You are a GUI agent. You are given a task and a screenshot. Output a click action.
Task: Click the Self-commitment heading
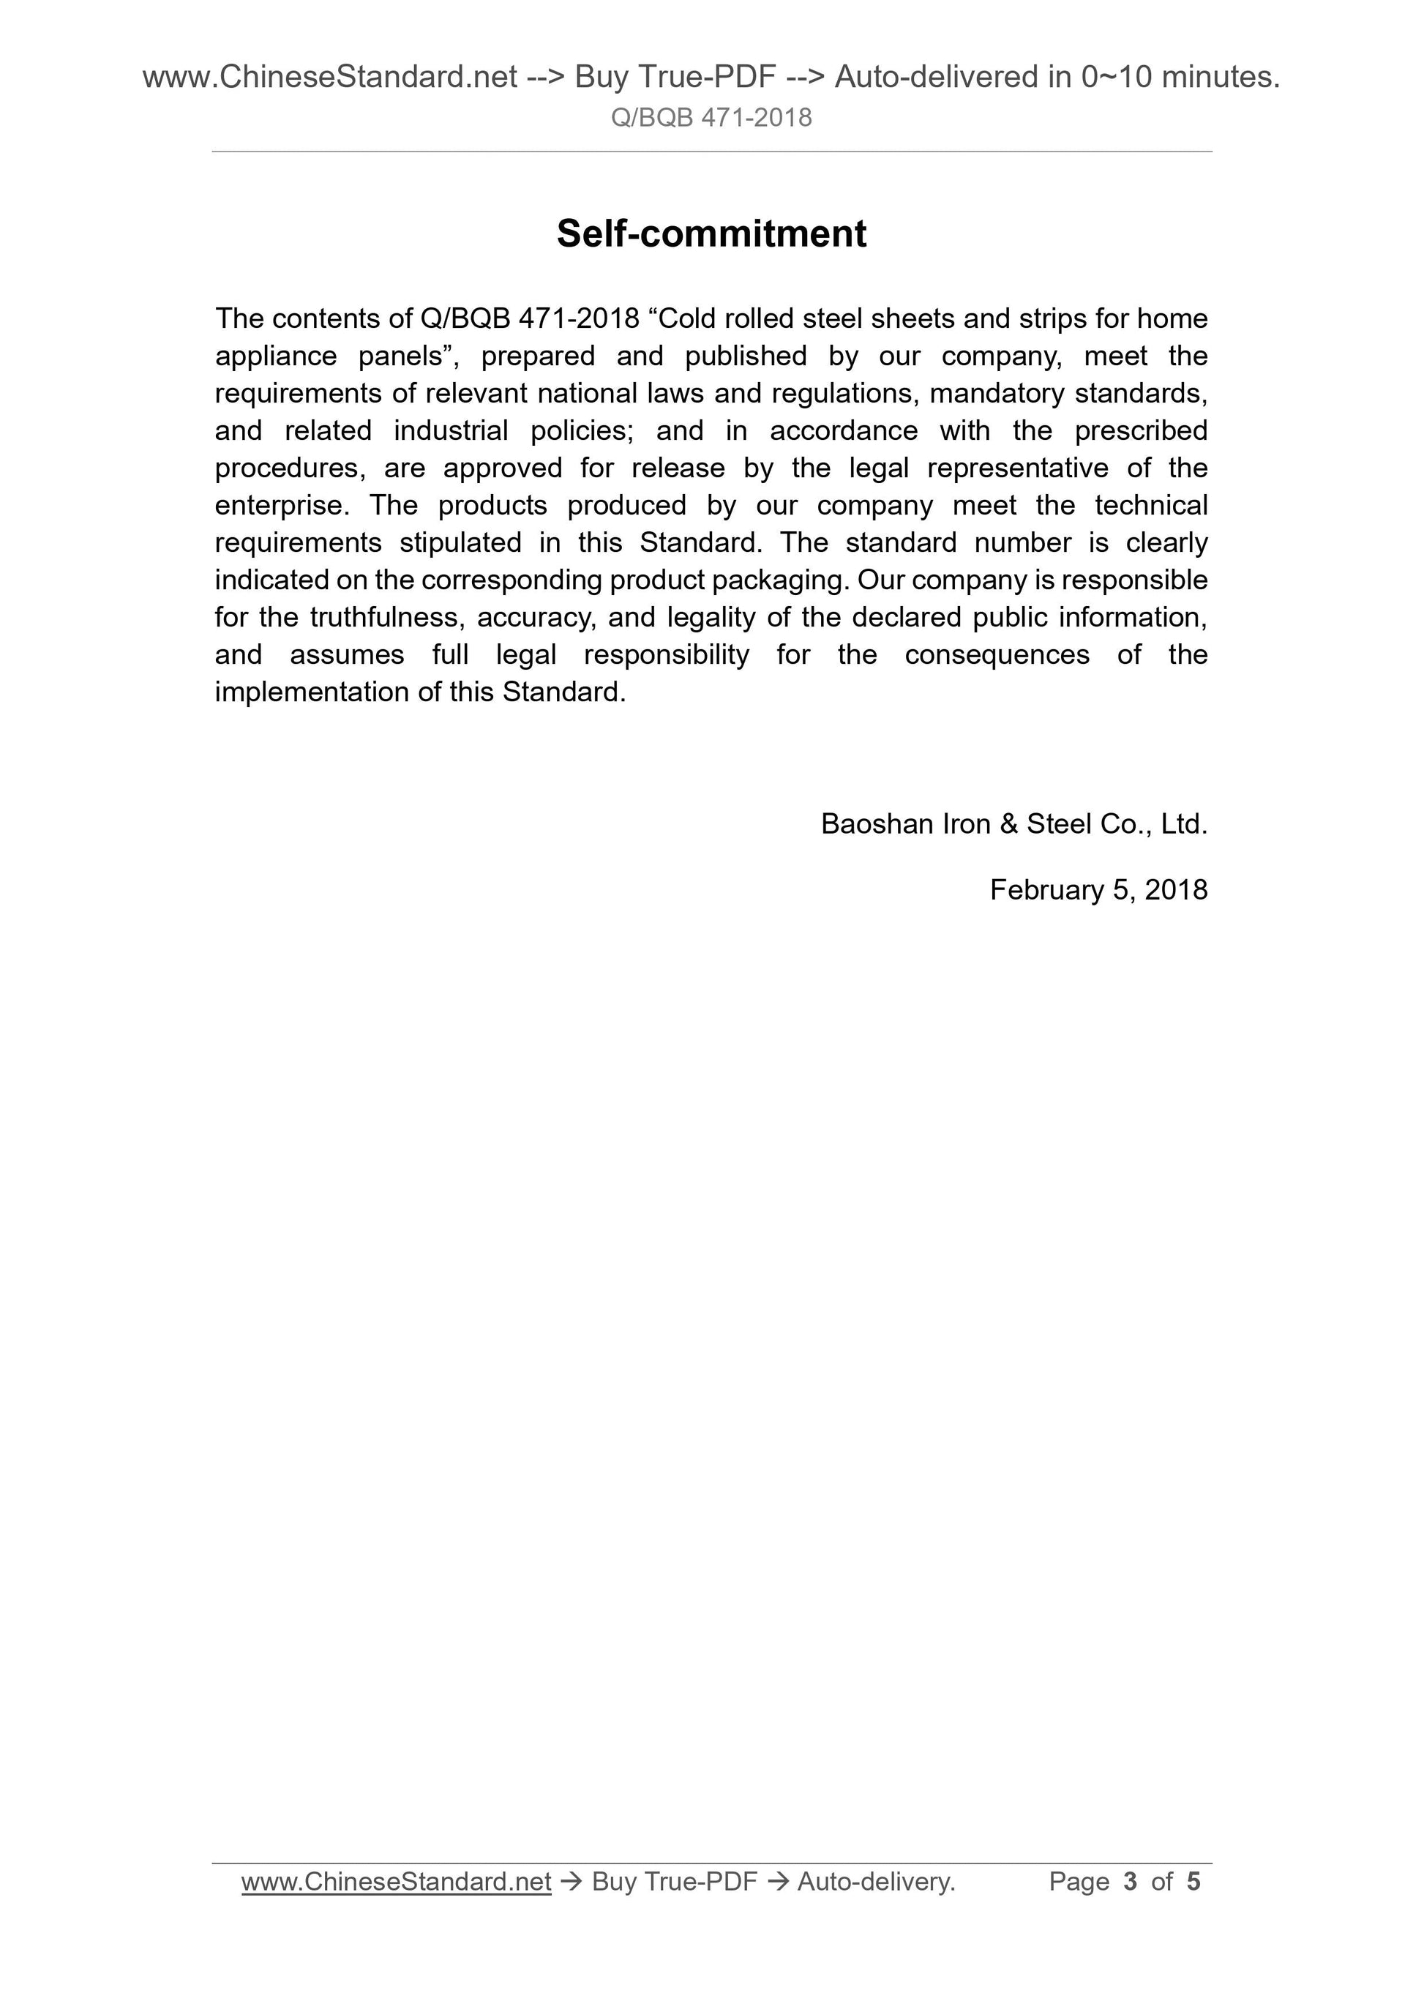(711, 233)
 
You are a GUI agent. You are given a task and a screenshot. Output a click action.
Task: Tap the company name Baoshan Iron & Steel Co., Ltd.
(1013, 823)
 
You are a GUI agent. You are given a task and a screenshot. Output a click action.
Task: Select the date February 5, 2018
(1098, 890)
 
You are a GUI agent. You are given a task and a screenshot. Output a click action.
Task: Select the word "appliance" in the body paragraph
(275, 356)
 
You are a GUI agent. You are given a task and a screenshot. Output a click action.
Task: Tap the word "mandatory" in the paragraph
(997, 393)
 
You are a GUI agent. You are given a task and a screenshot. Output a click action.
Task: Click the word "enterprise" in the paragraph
(279, 506)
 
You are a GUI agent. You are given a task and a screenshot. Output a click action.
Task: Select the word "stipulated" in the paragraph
(460, 542)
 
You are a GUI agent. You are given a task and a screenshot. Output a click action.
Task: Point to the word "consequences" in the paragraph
(997, 654)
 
